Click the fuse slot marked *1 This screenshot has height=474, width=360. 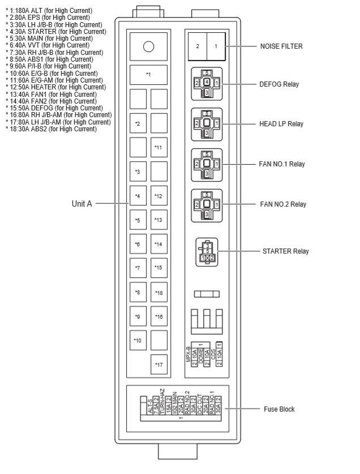[148, 74]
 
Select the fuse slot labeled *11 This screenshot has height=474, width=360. [159, 147]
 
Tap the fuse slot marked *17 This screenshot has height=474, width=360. [159, 364]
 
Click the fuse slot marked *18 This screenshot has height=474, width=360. [159, 292]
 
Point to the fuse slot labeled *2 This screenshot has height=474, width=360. [138, 123]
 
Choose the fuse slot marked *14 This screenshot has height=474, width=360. [159, 244]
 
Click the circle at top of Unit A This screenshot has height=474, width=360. [148, 46]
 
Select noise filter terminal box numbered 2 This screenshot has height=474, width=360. [197, 46]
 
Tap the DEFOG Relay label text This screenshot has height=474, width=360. [279, 84]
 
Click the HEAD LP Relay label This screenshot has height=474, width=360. [281, 124]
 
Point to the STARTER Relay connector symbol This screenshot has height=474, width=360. [207, 251]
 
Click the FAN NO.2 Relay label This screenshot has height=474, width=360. [282, 204]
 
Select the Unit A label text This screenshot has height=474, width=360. [82, 204]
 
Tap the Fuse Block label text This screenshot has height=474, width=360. [279, 409]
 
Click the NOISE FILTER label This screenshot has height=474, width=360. [281, 46]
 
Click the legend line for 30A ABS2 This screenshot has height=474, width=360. [51, 129]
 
